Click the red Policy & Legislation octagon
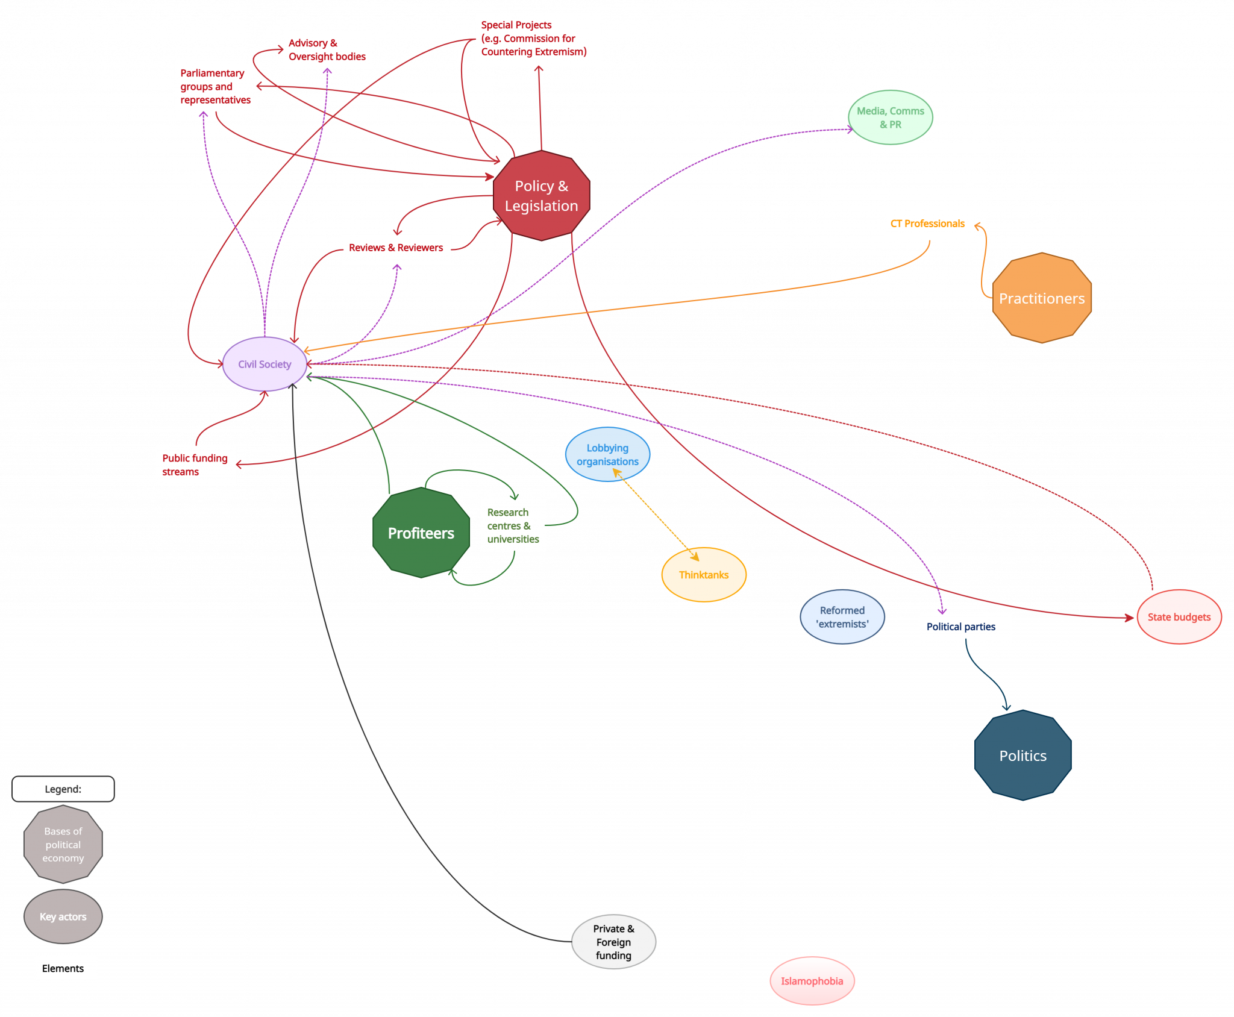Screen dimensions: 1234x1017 click(x=541, y=195)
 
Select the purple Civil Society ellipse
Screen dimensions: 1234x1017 click(x=265, y=364)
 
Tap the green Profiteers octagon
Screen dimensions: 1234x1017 click(x=421, y=533)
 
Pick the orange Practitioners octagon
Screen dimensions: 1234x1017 click(x=1042, y=298)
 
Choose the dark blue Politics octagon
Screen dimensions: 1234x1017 click(x=1023, y=755)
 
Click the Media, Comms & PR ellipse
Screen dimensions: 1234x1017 click(x=891, y=117)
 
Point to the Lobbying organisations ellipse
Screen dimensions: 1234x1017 click(x=607, y=454)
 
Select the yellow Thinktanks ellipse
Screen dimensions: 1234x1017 click(x=704, y=575)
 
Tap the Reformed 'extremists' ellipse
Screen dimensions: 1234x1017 click(x=842, y=617)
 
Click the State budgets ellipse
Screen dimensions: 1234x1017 click(x=1179, y=617)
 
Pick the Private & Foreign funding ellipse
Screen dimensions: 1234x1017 click(x=613, y=942)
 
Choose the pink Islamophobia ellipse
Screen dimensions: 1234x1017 click(x=812, y=981)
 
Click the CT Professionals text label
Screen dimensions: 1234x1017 click(x=927, y=224)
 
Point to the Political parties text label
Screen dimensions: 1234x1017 click(x=961, y=627)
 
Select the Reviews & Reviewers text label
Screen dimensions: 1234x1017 click(x=396, y=248)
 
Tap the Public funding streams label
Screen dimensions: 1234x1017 click(x=195, y=465)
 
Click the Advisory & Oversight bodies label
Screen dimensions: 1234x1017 click(x=327, y=49)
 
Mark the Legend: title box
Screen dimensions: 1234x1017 click(x=63, y=789)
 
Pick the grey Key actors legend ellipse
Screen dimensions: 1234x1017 click(x=63, y=916)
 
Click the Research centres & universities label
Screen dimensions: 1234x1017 click(x=513, y=525)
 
